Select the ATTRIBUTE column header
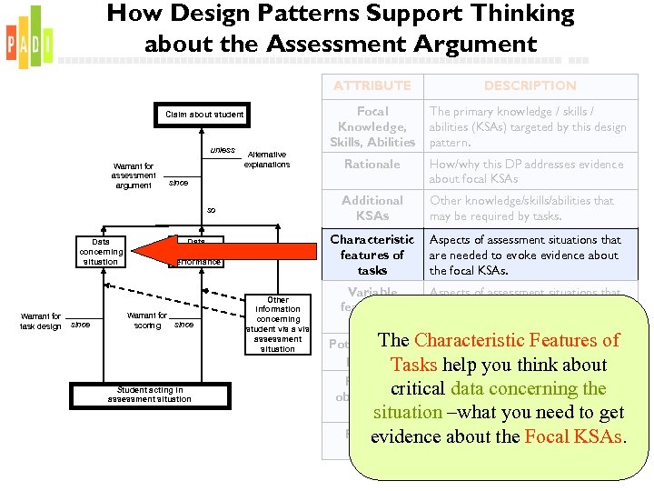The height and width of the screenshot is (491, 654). [x=372, y=85]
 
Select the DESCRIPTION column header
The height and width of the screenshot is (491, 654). [x=530, y=85]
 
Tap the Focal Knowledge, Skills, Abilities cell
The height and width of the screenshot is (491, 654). [x=372, y=127]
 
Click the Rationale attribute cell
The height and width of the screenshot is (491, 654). [x=372, y=165]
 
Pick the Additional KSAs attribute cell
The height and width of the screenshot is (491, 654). [x=372, y=208]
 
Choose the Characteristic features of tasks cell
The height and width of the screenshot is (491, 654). [x=372, y=255]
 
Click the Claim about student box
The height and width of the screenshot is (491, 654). [x=204, y=115]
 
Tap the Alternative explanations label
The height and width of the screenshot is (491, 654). [x=267, y=160]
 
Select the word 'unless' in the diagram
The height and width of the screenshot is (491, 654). [x=223, y=150]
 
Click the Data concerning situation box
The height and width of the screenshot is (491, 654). [x=100, y=252]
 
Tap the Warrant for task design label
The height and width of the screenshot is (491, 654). [x=41, y=321]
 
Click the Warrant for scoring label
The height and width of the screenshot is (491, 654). [x=147, y=320]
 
